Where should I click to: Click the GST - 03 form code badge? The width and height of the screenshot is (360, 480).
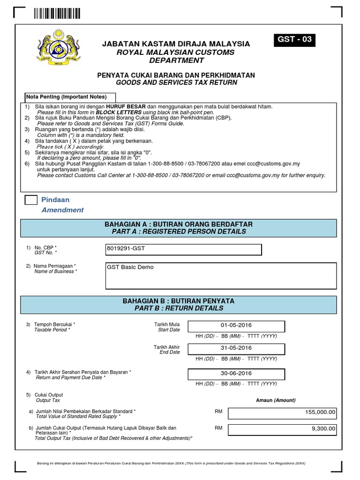pyautogui.click(x=294, y=40)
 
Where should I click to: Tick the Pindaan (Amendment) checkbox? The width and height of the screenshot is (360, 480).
pyautogui.click(x=31, y=200)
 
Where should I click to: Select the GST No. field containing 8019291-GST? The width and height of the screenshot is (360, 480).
pyautogui.click(x=184, y=249)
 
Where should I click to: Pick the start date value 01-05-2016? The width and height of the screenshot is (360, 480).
pyautogui.click(x=236, y=325)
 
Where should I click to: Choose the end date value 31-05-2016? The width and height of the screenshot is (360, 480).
pyautogui.click(x=236, y=348)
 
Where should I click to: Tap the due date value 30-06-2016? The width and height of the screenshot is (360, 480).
pyautogui.click(x=236, y=374)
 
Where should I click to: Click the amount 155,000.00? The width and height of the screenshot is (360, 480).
pyautogui.click(x=283, y=412)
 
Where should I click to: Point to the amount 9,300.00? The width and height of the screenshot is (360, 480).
pyautogui.click(x=283, y=428)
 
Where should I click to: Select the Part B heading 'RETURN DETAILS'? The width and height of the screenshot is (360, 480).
pyautogui.click(x=179, y=308)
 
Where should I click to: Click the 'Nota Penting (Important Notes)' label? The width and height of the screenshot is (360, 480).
pyautogui.click(x=66, y=97)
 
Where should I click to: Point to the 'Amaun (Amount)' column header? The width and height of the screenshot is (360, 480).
pyautogui.click(x=276, y=400)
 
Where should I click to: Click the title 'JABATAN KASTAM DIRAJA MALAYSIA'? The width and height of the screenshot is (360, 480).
pyautogui.click(x=176, y=44)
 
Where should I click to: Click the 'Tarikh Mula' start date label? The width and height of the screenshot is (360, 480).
pyautogui.click(x=167, y=324)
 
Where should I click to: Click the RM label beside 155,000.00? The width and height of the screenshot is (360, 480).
pyautogui.click(x=218, y=411)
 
